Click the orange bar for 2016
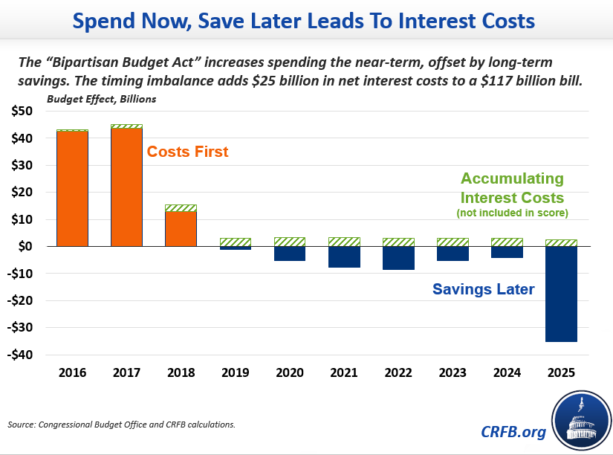click(x=72, y=189)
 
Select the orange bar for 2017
click(x=126, y=187)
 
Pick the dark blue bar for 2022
click(x=398, y=258)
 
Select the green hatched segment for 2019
click(x=235, y=242)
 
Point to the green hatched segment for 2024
click(x=507, y=242)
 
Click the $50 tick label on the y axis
click(x=22, y=112)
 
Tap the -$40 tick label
click(x=20, y=355)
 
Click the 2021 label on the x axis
click(x=344, y=372)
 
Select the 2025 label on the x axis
click(x=561, y=372)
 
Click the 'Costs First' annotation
click(x=187, y=152)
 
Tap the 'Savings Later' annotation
click(x=483, y=289)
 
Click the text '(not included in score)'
click(x=512, y=214)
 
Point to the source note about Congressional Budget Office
click(x=122, y=425)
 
